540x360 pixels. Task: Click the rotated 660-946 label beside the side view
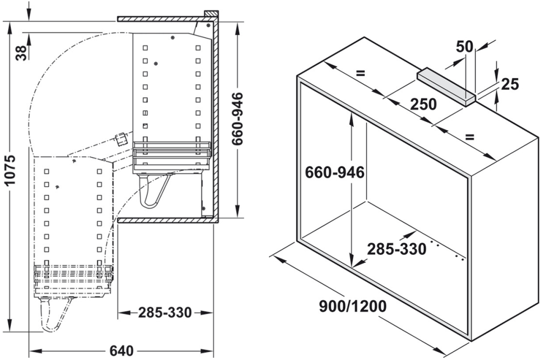coord(237,119)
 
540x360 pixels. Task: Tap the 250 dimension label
coord(423,104)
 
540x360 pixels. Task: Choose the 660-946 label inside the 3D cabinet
coord(335,173)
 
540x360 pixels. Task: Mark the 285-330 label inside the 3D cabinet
coord(397,249)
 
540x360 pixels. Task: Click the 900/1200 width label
coord(352,307)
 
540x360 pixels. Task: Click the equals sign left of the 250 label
coord(361,73)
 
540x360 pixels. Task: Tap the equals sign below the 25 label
coord(470,137)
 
